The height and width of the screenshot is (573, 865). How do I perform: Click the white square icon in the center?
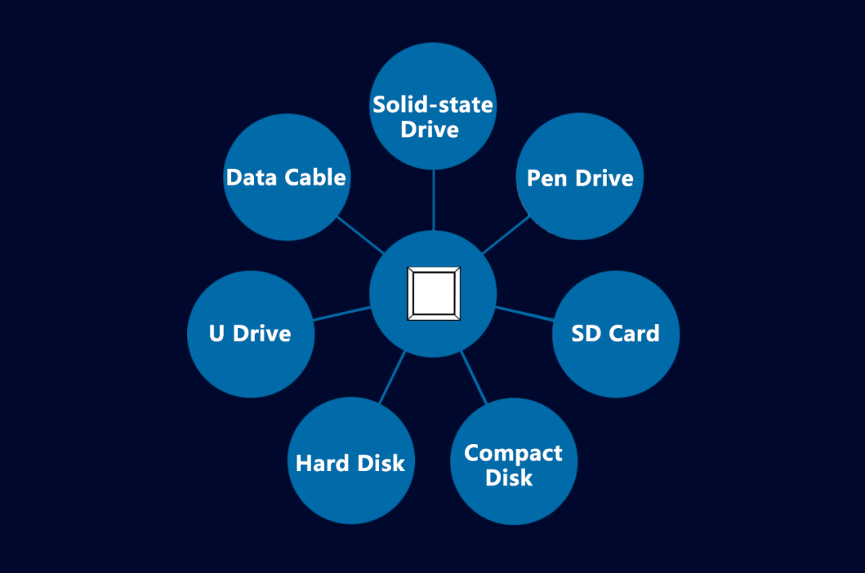tap(433, 294)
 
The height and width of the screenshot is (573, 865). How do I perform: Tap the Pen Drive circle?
tap(580, 177)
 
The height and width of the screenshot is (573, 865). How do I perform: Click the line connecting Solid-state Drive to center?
tap(434, 200)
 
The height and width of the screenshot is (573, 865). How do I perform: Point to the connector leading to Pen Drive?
tap(507, 235)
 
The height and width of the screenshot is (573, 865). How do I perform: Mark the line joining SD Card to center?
tap(524, 313)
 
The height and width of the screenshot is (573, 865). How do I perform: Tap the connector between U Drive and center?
tap(342, 313)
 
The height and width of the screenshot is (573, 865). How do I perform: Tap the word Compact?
tap(514, 454)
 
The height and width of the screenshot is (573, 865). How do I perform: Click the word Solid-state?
tap(433, 104)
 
